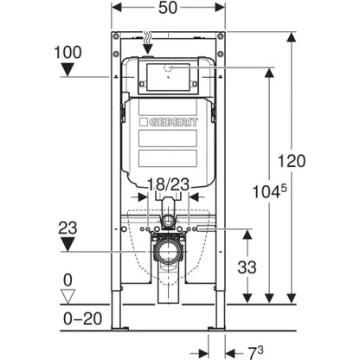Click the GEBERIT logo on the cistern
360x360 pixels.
(170, 122)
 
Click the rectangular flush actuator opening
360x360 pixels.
(168, 79)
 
